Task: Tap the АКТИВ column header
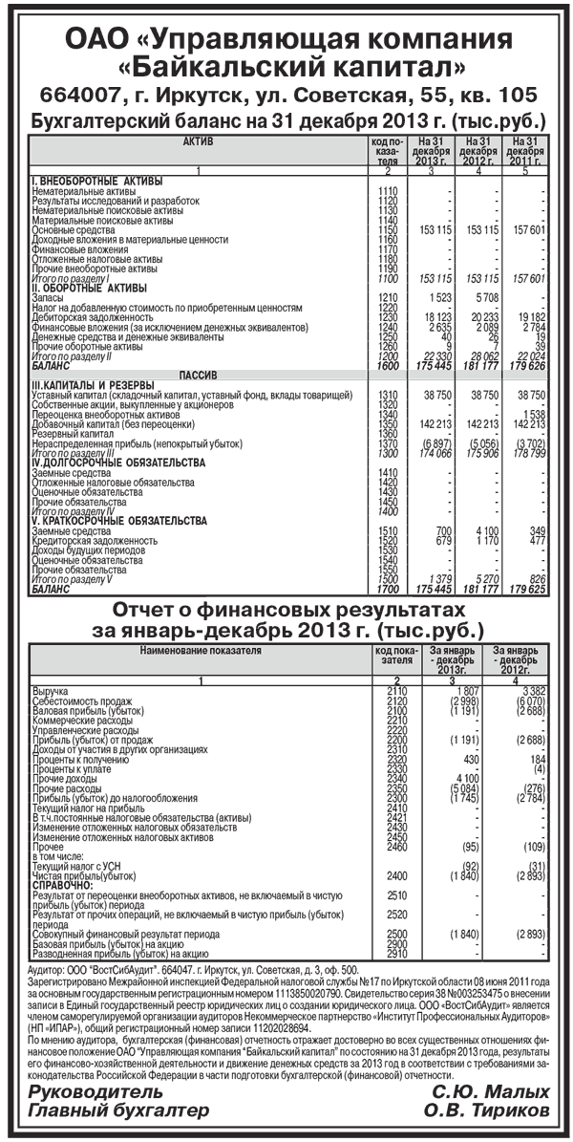click(197, 142)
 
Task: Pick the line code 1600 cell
click(388, 365)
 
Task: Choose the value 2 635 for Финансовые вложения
click(436, 327)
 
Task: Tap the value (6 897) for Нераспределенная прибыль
click(433, 443)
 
